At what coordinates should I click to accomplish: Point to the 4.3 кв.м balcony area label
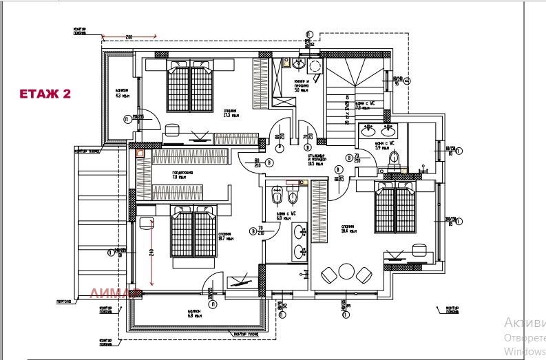pyautogui.click(x=123, y=93)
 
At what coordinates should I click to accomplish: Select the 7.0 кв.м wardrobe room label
pyautogui.click(x=180, y=175)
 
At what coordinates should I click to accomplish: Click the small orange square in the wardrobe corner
pyautogui.click(x=140, y=154)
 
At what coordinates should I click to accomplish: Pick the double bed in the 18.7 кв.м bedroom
pyautogui.click(x=193, y=235)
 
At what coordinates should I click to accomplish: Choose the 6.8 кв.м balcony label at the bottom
pyautogui.click(x=194, y=314)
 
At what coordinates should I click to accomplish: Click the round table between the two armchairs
pyautogui.click(x=346, y=274)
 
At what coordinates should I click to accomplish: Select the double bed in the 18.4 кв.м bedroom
pyautogui.click(x=395, y=211)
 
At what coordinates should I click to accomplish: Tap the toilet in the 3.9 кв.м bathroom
pyautogui.click(x=395, y=160)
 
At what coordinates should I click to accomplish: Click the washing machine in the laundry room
pyautogui.click(x=315, y=67)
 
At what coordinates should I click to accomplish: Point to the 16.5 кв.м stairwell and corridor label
pyautogui.click(x=317, y=160)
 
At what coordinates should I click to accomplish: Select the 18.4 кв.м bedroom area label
pyautogui.click(x=348, y=228)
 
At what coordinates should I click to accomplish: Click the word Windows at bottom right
pyautogui.click(x=524, y=350)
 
